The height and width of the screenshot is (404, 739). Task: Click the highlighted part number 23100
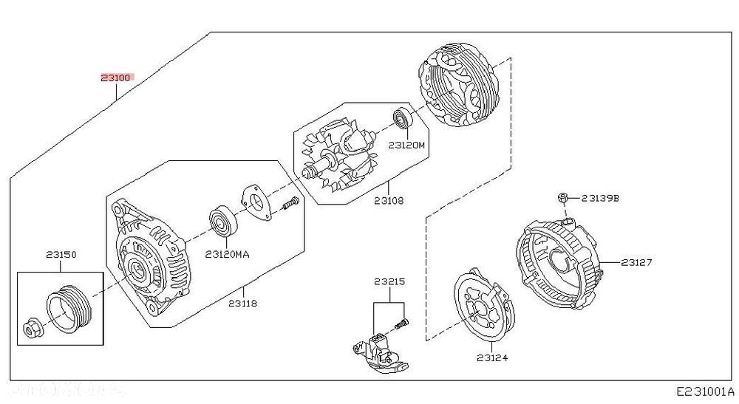[x=115, y=78]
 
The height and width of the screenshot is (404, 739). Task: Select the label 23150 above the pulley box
[x=61, y=255]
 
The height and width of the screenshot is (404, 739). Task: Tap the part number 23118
[x=243, y=304]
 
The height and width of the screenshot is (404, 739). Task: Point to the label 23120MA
[x=227, y=255]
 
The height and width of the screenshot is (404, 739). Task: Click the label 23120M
[x=406, y=145]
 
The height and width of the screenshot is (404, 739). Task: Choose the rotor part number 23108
[x=389, y=201]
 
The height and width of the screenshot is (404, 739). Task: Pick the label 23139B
[x=600, y=198]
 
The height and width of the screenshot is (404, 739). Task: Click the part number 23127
[x=636, y=262]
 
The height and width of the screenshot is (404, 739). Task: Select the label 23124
[x=492, y=358]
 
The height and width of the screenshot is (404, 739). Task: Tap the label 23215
[x=389, y=282]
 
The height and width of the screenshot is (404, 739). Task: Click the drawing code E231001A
[x=706, y=391]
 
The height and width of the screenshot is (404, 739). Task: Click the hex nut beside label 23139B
[x=562, y=198]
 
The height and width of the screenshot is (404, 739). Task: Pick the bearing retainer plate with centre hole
[x=256, y=203]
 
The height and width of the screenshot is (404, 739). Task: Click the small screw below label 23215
[x=401, y=323]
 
